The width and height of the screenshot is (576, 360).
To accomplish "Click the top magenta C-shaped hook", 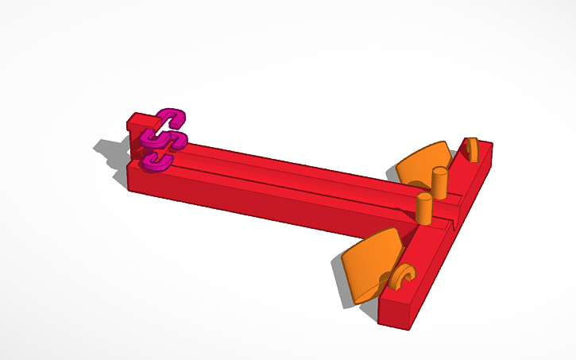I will point(173,118).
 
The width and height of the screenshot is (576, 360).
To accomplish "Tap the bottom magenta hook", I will point(159,161).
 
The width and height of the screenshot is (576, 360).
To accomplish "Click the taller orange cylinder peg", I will point(439,183).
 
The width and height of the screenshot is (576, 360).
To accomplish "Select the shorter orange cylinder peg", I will point(424,209).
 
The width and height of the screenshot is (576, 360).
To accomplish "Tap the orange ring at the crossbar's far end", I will point(471,149).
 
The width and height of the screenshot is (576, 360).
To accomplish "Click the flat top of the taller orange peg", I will point(439,170).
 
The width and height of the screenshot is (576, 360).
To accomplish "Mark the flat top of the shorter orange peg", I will point(424,197).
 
